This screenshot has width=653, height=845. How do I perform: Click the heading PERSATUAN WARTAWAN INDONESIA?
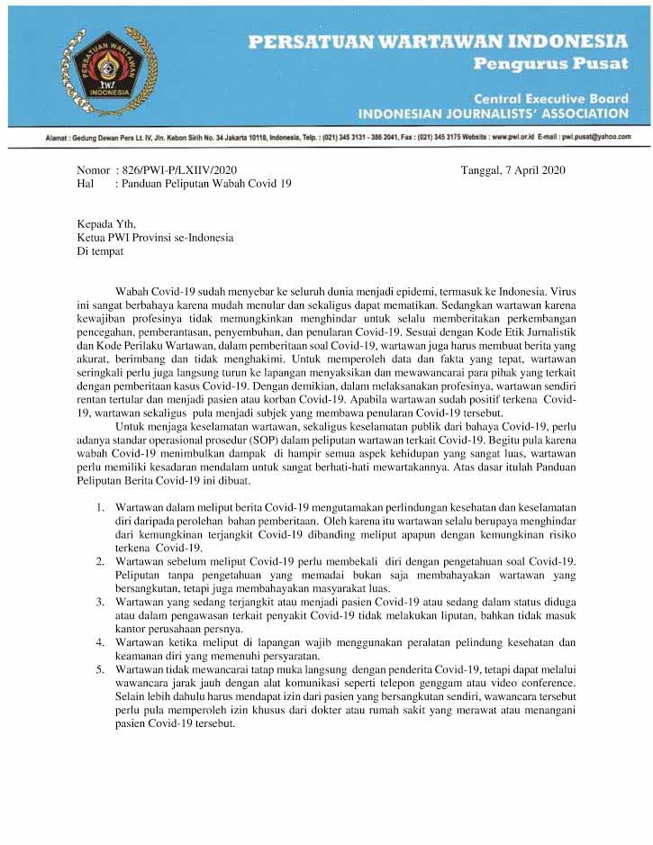pos(437,41)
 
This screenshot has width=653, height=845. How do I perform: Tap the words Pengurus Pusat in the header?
pos(550,65)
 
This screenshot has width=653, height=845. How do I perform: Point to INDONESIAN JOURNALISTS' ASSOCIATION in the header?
pos(493,114)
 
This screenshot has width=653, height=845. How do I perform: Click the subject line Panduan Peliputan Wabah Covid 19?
pos(204,183)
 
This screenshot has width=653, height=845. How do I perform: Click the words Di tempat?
pos(100,252)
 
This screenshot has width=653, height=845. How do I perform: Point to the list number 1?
pos(101,507)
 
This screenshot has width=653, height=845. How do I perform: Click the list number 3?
pos(101,599)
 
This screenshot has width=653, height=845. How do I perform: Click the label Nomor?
pos(93,168)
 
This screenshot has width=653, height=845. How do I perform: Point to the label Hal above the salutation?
pos(86,183)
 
